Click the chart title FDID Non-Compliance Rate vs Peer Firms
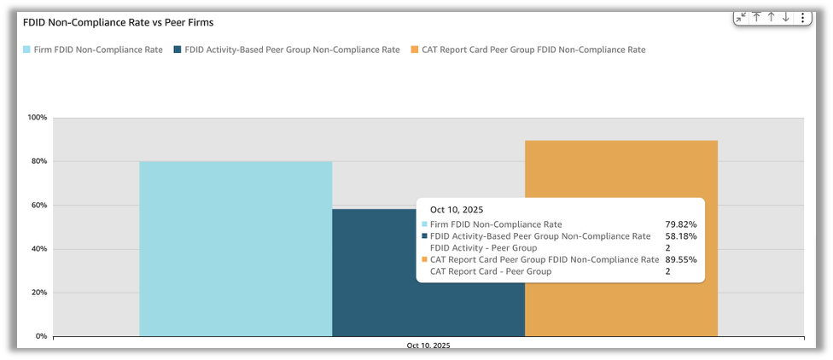pyautogui.click(x=118, y=22)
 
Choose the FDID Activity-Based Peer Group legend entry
pyautogui.click(x=287, y=49)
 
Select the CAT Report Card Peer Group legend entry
pyautogui.click(x=528, y=49)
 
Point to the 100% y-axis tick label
pyautogui.click(x=38, y=118)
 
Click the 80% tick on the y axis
pyautogui.click(x=39, y=161)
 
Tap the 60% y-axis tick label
pyautogui.click(x=39, y=206)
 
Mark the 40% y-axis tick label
pyautogui.click(x=39, y=249)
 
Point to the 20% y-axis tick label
pyautogui.click(x=39, y=293)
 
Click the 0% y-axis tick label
pyautogui.click(x=41, y=336)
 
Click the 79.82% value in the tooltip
pyautogui.click(x=679, y=224)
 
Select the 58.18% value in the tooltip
pyautogui.click(x=679, y=236)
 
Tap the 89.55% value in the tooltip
pyautogui.click(x=679, y=259)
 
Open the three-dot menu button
pyautogui.click(x=802, y=17)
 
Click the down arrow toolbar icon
pyautogui.click(x=786, y=17)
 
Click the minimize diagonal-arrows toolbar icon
pyautogui.click(x=741, y=17)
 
